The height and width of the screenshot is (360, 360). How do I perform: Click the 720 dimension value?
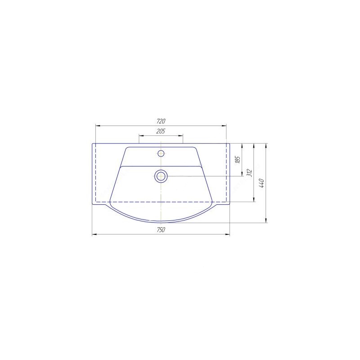click(x=161, y=121)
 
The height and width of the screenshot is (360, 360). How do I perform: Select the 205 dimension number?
click(x=161, y=131)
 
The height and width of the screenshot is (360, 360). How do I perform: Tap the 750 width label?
click(x=161, y=229)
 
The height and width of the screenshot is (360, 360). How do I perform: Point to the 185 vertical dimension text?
click(x=238, y=159)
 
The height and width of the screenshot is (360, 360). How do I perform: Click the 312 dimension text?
click(x=250, y=173)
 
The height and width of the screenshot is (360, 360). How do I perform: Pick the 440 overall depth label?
click(x=262, y=183)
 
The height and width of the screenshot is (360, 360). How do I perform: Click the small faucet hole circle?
click(x=161, y=153)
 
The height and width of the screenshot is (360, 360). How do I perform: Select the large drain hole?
click(x=161, y=176)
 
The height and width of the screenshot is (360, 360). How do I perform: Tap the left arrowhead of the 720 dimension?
click(x=98, y=126)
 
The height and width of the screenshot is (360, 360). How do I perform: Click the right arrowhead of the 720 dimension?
click(x=224, y=126)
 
